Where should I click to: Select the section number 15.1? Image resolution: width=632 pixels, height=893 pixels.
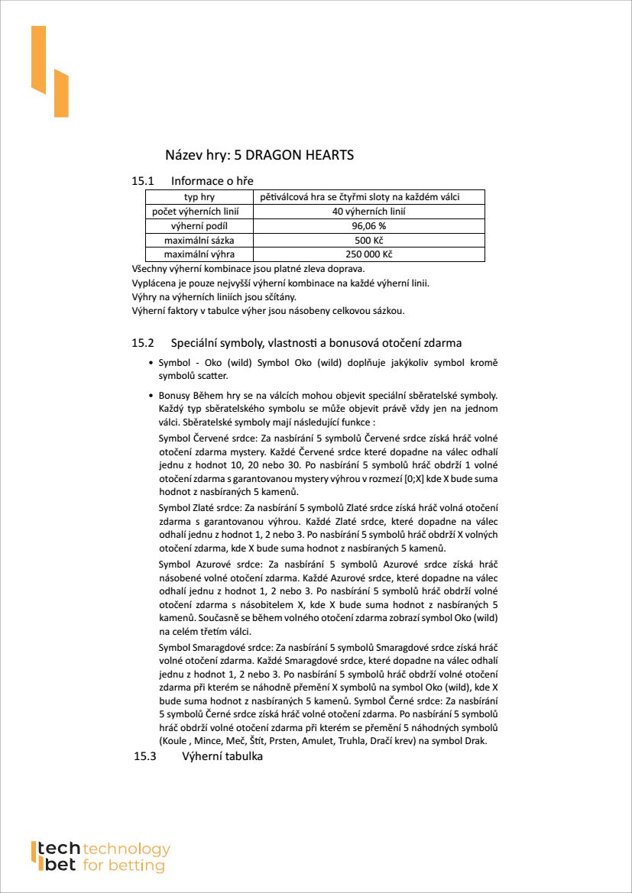tap(143, 181)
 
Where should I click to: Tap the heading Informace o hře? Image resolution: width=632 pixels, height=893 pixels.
tap(212, 181)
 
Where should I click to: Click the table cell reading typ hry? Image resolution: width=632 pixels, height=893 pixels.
tap(199, 197)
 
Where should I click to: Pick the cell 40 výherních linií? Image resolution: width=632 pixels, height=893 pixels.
tap(368, 212)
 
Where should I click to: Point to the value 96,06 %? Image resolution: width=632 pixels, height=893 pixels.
tap(368, 226)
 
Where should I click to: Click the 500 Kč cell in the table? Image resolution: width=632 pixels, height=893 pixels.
tap(368, 241)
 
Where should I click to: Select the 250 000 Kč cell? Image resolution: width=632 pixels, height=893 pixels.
tap(368, 254)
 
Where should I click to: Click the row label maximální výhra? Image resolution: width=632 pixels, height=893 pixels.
tap(199, 254)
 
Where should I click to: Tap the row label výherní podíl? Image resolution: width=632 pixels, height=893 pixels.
tap(199, 226)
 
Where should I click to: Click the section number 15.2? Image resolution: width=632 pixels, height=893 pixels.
tap(143, 343)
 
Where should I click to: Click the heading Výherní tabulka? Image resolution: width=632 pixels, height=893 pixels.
tap(222, 757)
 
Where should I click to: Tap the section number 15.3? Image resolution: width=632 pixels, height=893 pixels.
tap(144, 757)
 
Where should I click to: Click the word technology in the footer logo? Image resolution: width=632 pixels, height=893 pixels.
tap(126, 849)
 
